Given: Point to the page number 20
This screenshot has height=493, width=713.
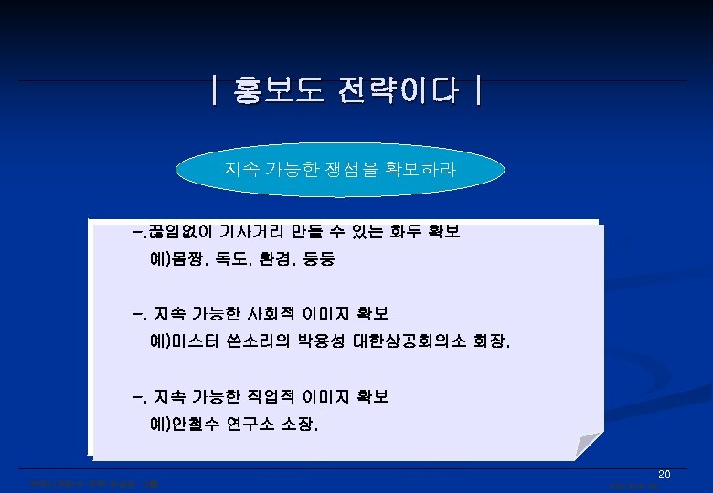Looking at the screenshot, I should pyautogui.click(x=665, y=475).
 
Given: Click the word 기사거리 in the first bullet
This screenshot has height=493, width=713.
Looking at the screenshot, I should pyautogui.click(x=244, y=233).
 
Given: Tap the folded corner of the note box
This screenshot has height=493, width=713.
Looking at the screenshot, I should pyautogui.click(x=591, y=448).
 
